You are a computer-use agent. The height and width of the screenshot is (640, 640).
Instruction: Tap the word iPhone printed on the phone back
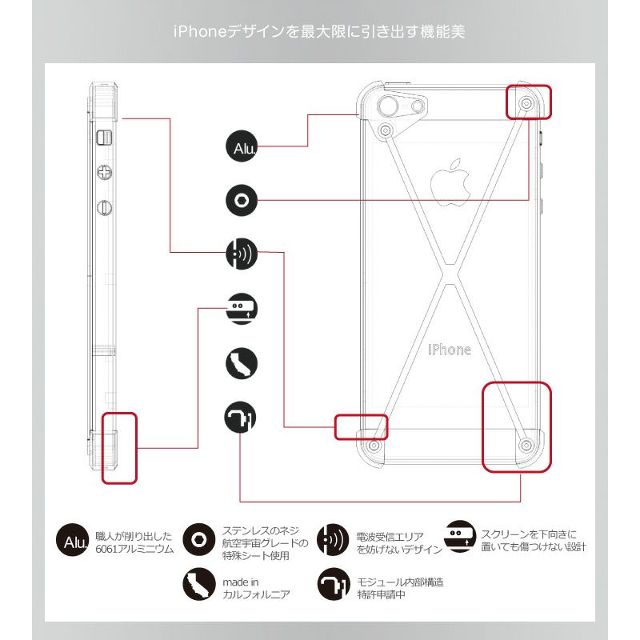click(x=449, y=350)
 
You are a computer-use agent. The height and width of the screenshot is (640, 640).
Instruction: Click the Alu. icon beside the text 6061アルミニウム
click(x=72, y=541)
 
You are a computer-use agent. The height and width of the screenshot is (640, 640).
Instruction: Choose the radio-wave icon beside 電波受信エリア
click(x=330, y=539)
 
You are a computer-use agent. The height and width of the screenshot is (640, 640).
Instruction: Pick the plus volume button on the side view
click(x=103, y=171)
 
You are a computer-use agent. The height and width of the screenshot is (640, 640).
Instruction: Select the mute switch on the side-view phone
click(x=102, y=138)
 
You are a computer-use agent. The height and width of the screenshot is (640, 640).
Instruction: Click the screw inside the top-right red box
click(x=527, y=104)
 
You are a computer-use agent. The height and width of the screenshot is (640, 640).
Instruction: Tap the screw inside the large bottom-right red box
click(x=526, y=444)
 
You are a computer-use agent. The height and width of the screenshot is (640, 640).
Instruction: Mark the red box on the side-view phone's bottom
click(x=119, y=448)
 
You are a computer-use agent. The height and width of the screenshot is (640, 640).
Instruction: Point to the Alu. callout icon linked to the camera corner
click(x=241, y=147)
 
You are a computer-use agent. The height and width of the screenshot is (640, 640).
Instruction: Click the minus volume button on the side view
click(x=103, y=207)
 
